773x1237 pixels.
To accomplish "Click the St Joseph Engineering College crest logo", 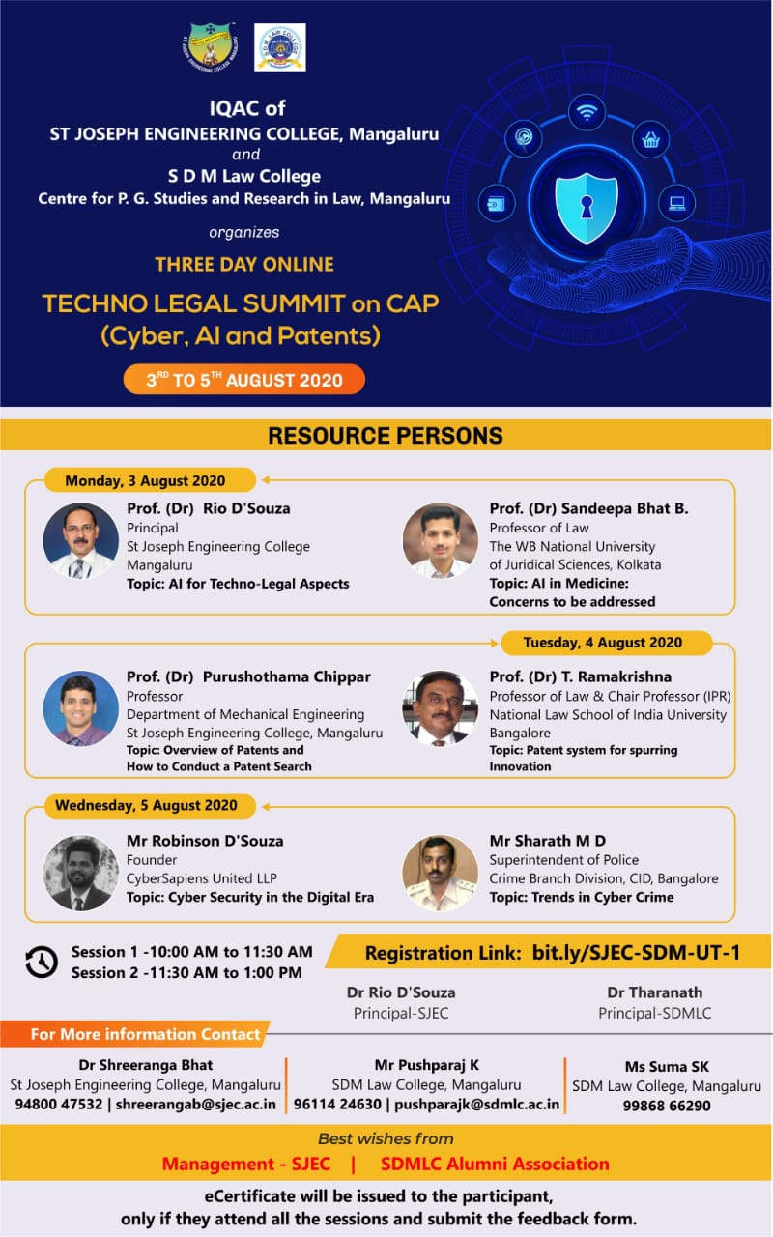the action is click(x=211, y=49).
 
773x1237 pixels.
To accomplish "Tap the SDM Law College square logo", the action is click(x=280, y=47).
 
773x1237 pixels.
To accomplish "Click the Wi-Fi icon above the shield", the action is click(x=587, y=113).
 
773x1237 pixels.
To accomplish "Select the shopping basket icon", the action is click(x=650, y=140).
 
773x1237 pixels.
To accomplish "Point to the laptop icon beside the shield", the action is click(x=677, y=203).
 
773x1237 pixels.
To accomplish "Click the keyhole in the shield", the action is click(x=587, y=207).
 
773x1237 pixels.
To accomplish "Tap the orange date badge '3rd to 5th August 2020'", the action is click(x=244, y=380).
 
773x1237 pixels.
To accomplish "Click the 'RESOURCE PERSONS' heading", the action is click(x=386, y=435).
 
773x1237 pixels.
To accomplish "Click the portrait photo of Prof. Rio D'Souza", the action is click(x=80, y=540).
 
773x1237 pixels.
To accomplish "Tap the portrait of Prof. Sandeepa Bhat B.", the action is click(x=440, y=540).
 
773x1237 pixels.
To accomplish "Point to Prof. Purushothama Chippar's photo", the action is click(x=80, y=708).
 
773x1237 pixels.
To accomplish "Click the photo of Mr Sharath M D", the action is click(x=440, y=873).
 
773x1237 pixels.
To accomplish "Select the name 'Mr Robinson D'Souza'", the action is click(x=205, y=841).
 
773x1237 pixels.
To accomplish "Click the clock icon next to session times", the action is click(x=42, y=962).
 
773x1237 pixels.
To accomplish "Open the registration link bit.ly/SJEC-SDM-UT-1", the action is click(x=636, y=952).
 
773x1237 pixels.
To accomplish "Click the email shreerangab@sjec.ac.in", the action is click(x=195, y=1104).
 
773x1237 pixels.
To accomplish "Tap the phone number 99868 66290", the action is click(x=667, y=1105).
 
